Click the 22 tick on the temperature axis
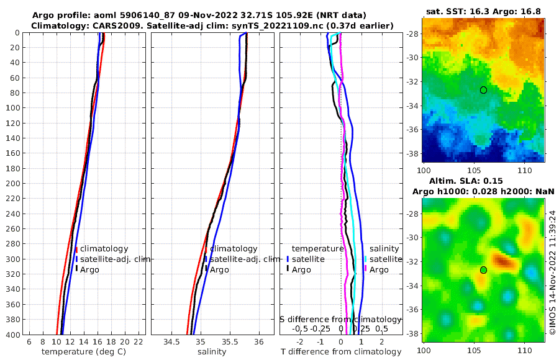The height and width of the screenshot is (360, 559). click(x=139, y=342)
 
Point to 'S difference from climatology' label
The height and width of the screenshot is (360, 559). click(x=340, y=319)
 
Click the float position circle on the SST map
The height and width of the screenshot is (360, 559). click(x=483, y=90)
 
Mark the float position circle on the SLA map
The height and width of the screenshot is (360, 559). click(x=483, y=270)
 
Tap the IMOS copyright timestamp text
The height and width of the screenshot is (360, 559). click(x=552, y=272)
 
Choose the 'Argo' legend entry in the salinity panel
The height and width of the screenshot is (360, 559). click(x=219, y=269)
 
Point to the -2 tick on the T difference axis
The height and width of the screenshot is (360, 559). click(x=301, y=342)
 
